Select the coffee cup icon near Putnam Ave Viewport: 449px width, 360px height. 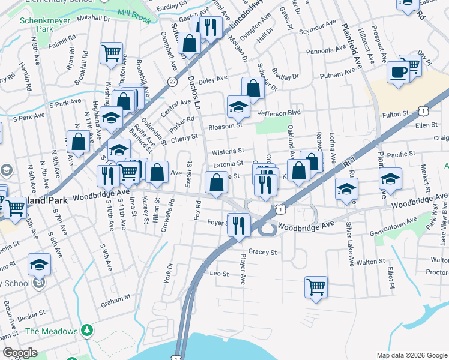click(399, 73)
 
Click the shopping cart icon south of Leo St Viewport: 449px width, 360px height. click(316, 286)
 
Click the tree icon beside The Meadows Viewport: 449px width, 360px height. click(88, 331)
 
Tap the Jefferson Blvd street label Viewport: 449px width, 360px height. click(278, 112)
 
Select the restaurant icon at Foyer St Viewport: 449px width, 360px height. click(240, 225)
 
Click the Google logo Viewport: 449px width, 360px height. click(20, 352)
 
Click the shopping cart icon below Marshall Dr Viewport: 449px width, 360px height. click(112, 53)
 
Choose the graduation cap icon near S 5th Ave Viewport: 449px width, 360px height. click(40, 264)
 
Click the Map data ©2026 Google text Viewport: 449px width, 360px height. click(412, 355)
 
